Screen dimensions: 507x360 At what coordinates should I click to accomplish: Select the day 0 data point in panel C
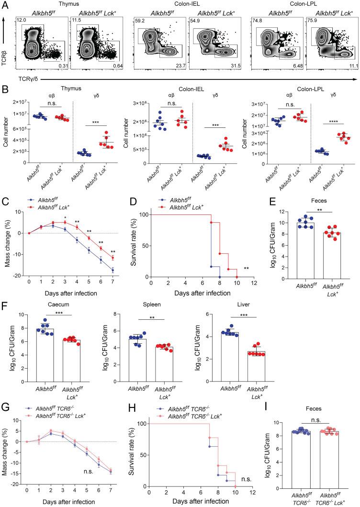point(29,233)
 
